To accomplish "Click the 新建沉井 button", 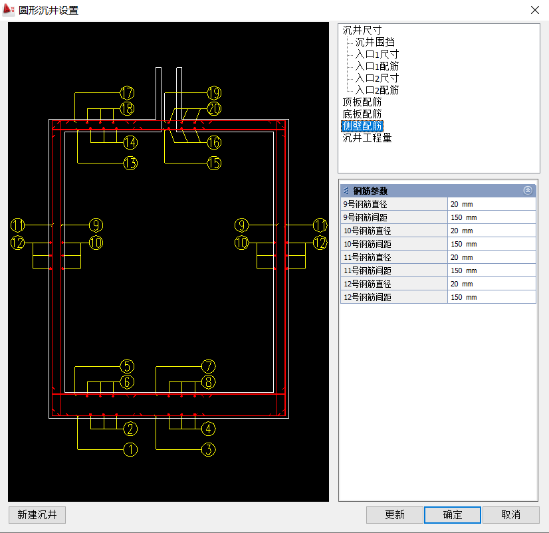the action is coord(37,514).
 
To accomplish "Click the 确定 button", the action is coord(453,514).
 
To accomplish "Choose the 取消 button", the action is coord(511,514).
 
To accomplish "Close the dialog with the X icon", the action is coord(534,10).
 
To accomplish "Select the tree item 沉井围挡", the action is coord(375,42).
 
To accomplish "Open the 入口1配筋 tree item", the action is coord(377,66).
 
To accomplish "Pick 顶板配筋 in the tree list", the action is coord(362,102).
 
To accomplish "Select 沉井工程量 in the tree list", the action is coord(367,138).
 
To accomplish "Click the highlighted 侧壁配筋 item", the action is coord(362,126).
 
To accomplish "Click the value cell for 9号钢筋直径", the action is coord(491,204).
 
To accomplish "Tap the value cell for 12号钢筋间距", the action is coord(491,297).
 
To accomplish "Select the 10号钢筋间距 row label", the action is coord(368,244).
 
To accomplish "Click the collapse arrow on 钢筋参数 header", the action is coord(528,191).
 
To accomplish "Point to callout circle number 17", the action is coord(127,93).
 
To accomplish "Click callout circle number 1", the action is coord(130,450).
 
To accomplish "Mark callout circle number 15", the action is coord(214,163).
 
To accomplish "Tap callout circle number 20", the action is coord(214,108).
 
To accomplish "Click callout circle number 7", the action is coord(208,366).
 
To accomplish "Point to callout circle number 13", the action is coord(130,163).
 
